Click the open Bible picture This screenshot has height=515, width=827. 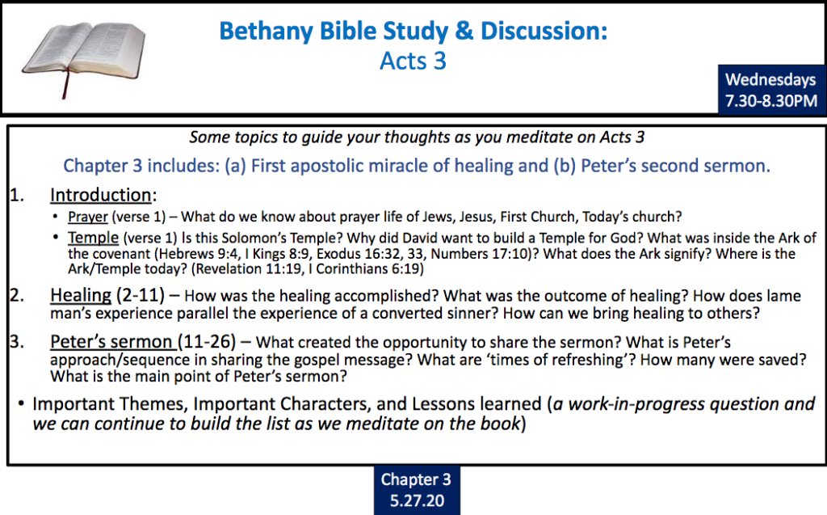click(x=84, y=57)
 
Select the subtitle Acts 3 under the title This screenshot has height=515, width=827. click(x=413, y=61)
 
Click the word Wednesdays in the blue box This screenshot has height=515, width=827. click(x=770, y=80)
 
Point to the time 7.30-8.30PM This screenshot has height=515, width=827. click(x=771, y=100)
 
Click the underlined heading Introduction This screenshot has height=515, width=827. click(x=101, y=195)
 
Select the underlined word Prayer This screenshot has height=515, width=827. click(x=87, y=217)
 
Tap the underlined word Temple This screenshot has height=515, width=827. click(x=93, y=238)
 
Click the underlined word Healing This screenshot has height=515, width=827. click(x=81, y=295)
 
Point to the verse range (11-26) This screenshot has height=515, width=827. click(x=207, y=342)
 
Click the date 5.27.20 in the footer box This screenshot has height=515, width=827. click(x=418, y=500)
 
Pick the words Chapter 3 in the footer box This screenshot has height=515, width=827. click(x=416, y=479)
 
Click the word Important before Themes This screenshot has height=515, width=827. click(x=72, y=404)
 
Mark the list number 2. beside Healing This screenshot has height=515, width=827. click(x=17, y=295)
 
